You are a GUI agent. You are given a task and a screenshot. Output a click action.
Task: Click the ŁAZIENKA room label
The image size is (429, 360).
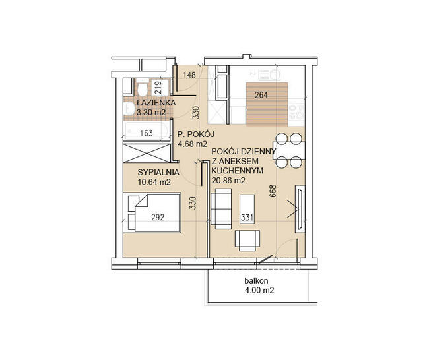click(x=156, y=103)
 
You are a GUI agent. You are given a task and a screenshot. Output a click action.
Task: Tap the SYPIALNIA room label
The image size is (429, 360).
click(x=158, y=173)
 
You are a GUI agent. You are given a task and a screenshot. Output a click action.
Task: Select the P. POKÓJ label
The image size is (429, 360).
click(x=196, y=135)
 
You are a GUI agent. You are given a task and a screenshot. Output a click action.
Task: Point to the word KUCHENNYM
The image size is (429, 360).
click(x=238, y=171)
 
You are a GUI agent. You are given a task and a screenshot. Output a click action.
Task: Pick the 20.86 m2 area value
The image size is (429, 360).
click(x=228, y=181)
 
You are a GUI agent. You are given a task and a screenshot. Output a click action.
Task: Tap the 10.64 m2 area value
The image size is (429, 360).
click(x=154, y=182)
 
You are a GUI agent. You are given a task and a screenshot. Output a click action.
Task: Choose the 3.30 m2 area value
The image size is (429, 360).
click(x=151, y=112)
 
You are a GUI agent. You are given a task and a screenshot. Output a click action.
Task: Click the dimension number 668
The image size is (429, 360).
click(x=273, y=191)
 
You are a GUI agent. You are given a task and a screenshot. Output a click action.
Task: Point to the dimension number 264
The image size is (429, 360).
click(x=261, y=96)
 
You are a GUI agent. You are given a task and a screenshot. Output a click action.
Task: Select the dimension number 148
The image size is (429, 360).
click(x=189, y=75)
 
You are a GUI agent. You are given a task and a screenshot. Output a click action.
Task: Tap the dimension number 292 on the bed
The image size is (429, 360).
click(x=158, y=218)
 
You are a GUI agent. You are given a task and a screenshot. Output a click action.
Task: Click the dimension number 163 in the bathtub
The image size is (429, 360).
click(x=147, y=133)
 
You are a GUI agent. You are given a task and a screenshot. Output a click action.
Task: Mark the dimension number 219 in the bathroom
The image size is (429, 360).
click(x=158, y=88)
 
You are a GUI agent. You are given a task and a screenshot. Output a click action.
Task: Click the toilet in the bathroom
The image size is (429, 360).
click(x=143, y=88)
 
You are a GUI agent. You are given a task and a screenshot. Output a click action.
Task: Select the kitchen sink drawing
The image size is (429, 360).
click(x=270, y=74)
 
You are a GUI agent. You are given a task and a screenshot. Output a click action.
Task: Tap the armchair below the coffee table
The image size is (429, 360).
click(x=247, y=241)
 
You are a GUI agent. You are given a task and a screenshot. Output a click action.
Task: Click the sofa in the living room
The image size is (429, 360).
click(x=221, y=209)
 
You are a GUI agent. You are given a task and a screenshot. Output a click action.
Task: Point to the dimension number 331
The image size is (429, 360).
click(x=247, y=218)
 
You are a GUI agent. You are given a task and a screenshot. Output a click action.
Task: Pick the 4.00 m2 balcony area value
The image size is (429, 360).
click(x=259, y=290)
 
